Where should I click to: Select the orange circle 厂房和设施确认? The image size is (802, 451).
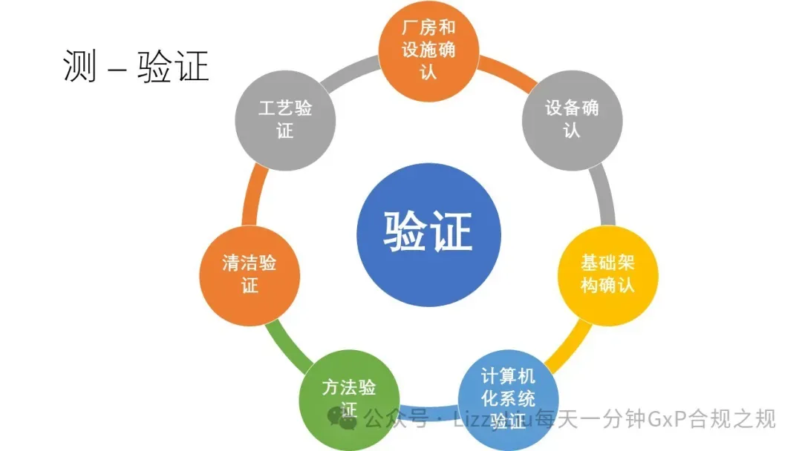coord(428,49)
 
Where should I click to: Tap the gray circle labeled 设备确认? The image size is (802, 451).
coord(571,118)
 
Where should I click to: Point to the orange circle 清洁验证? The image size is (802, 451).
coord(250,274)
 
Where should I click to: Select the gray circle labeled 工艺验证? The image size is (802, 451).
coord(285,119)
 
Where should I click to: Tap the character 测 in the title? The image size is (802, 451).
coord(79,68)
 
